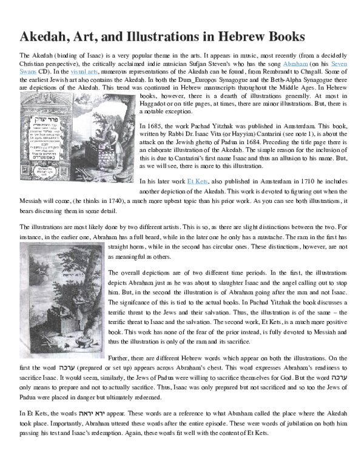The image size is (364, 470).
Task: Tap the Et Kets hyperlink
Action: tap(198, 164)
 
